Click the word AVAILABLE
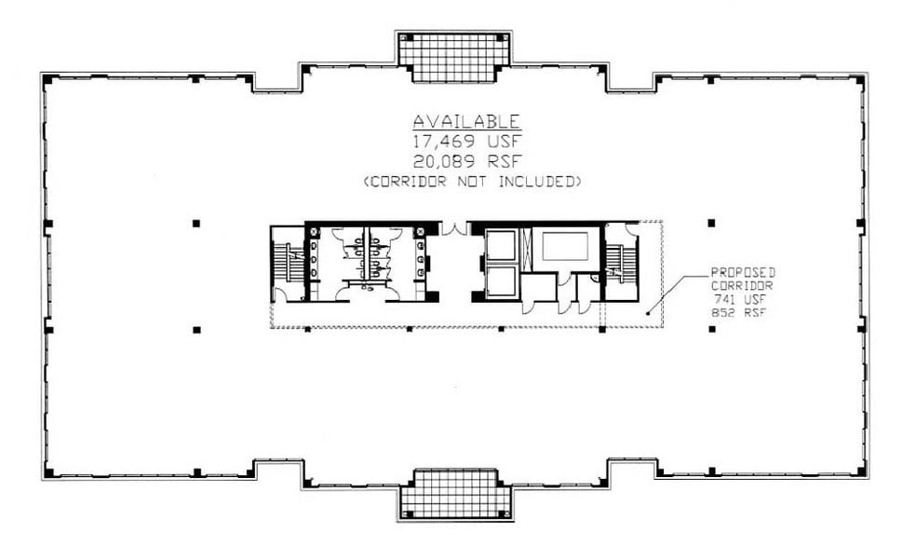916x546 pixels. pyautogui.click(x=466, y=121)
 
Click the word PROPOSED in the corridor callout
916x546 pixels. pyautogui.click(x=743, y=272)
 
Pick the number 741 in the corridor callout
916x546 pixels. pyautogui.click(x=726, y=300)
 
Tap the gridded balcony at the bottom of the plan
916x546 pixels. pyautogui.click(x=456, y=493)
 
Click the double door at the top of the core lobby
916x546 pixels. pyautogui.click(x=454, y=228)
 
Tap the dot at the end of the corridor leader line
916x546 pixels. pyautogui.click(x=649, y=314)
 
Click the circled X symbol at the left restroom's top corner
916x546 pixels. pyautogui.click(x=314, y=230)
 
